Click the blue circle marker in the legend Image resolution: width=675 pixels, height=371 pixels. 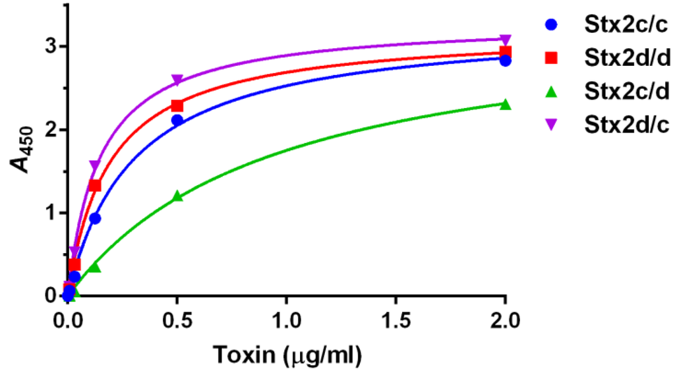coord(552,26)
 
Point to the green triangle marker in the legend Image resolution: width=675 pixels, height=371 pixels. coord(552,90)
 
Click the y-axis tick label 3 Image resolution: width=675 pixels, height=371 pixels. coord(50,47)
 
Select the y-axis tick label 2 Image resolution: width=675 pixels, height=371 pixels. coord(50,130)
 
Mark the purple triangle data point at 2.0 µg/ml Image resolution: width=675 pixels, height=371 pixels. coord(505,40)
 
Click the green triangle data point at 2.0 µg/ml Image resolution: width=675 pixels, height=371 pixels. coord(505,104)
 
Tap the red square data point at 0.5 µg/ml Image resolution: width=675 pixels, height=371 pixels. coord(177,105)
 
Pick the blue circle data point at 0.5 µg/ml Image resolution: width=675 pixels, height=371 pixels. coord(177,120)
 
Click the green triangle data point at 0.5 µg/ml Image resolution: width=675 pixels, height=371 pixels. coord(177,196)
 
